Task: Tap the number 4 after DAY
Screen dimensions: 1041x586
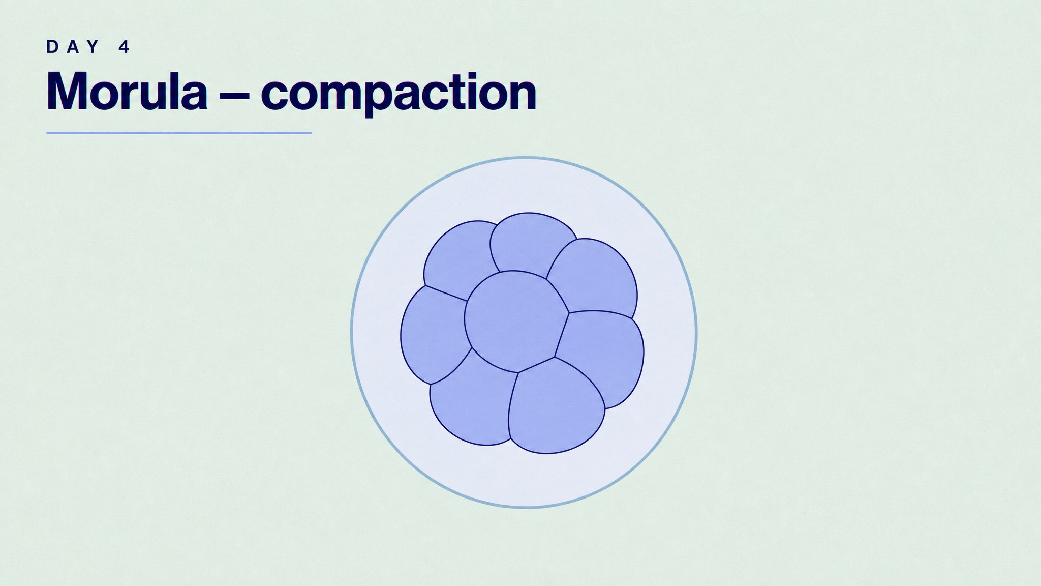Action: [125, 47]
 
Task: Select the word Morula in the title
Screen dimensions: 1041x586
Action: [127, 91]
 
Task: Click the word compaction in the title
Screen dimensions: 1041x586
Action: [399, 95]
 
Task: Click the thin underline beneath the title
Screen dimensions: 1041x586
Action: [179, 133]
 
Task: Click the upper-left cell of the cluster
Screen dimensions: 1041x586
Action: [460, 259]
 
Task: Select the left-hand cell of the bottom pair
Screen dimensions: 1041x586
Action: [470, 402]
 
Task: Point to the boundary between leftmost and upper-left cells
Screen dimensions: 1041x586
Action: [446, 293]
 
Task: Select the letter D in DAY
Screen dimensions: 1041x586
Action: [52, 47]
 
